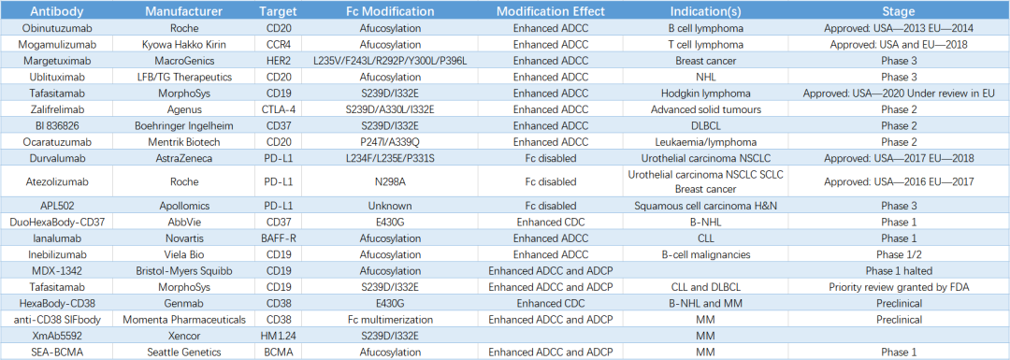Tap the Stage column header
[x=899, y=11]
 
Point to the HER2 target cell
[x=279, y=61]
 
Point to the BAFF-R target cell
[x=279, y=239]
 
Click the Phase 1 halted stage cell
[x=899, y=271]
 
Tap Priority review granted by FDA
[x=899, y=287]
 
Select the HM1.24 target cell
[x=279, y=336]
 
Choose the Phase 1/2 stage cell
[x=899, y=255]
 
